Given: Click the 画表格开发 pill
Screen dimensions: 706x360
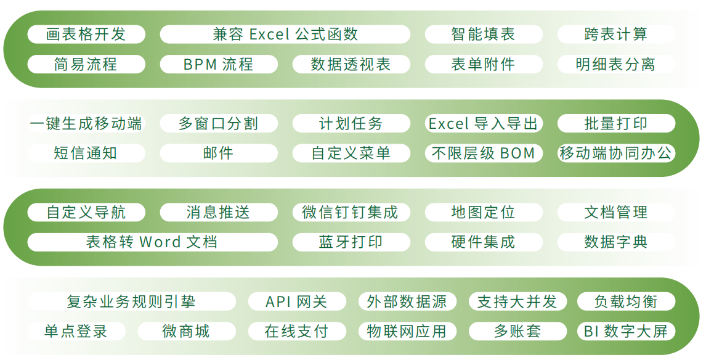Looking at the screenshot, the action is (x=86, y=35).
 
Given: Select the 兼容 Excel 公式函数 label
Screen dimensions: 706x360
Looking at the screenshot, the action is (x=285, y=35).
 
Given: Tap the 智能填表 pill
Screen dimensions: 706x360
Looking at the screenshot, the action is (x=484, y=35).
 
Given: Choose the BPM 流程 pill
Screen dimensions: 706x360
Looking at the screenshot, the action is (x=218, y=64).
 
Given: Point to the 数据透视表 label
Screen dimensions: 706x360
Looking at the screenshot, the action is (x=351, y=64).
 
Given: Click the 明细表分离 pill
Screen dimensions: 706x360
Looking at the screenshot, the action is (x=616, y=64).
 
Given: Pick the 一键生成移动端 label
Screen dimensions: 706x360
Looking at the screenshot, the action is (x=86, y=123).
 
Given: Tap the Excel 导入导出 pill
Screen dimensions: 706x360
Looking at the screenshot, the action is (x=484, y=123).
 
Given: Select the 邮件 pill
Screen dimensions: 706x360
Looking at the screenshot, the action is (x=218, y=153).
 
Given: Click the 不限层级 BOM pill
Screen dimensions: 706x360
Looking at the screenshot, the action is (x=484, y=153).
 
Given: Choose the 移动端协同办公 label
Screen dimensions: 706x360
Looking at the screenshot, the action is (x=616, y=153).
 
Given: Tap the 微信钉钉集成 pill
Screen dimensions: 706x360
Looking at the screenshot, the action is (x=351, y=212).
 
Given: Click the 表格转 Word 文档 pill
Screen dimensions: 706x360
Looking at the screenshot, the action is (x=152, y=242).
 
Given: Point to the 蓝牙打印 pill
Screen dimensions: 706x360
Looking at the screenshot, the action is (x=351, y=242).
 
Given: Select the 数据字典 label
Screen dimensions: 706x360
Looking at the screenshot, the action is (x=616, y=242).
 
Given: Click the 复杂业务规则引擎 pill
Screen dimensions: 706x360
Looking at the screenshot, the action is (x=131, y=301).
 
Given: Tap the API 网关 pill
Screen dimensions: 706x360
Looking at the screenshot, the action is (x=297, y=301).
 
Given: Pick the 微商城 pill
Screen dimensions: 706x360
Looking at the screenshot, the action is (x=187, y=331).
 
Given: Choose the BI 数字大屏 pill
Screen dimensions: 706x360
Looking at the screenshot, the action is (x=626, y=331).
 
